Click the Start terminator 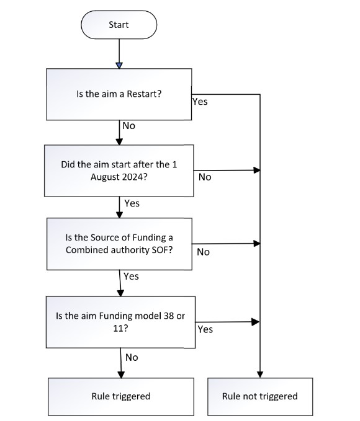pyautogui.click(x=119, y=25)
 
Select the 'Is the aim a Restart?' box pyautogui.click(x=119, y=94)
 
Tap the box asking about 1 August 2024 pyautogui.click(x=119, y=171)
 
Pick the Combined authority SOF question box pyautogui.click(x=119, y=244)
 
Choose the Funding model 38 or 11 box pyautogui.click(x=120, y=322)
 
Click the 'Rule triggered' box pyautogui.click(x=121, y=397)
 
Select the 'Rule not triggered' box pyautogui.click(x=260, y=397)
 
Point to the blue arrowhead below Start pyautogui.click(x=119, y=66)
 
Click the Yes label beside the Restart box pyautogui.click(x=200, y=102)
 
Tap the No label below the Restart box pyautogui.click(x=128, y=126)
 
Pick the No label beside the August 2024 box pyautogui.click(x=205, y=177)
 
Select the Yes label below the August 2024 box pyautogui.click(x=132, y=203)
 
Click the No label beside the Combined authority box pyautogui.click(x=203, y=252)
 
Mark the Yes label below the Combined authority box pyautogui.click(x=131, y=277)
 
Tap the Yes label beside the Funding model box pyautogui.click(x=205, y=329)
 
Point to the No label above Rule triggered pyautogui.click(x=132, y=358)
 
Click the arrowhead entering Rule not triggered pyautogui.click(x=260, y=374)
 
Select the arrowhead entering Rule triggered pyautogui.click(x=121, y=374)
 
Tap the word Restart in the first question pyautogui.click(x=144, y=94)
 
